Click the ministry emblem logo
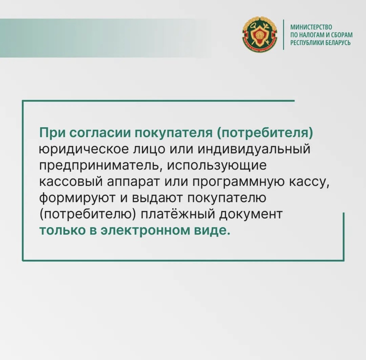260,34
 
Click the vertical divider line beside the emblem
284,34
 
